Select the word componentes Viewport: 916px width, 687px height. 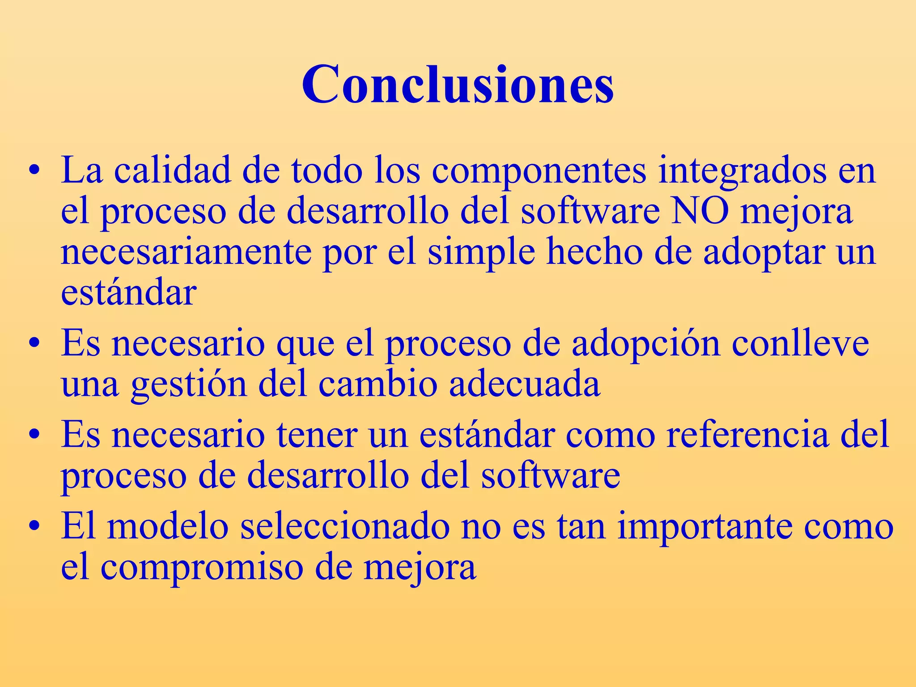(x=539, y=171)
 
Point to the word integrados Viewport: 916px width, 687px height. (x=742, y=171)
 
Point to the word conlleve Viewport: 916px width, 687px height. (x=801, y=343)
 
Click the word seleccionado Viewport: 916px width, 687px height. (x=345, y=527)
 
